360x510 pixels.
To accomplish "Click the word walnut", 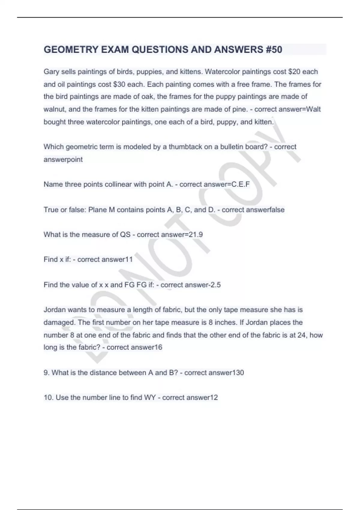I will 54,109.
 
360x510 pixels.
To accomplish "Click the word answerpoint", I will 63,159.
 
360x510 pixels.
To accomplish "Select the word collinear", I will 118,184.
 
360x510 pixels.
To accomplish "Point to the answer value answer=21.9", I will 182,234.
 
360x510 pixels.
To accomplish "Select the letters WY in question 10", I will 150,397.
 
